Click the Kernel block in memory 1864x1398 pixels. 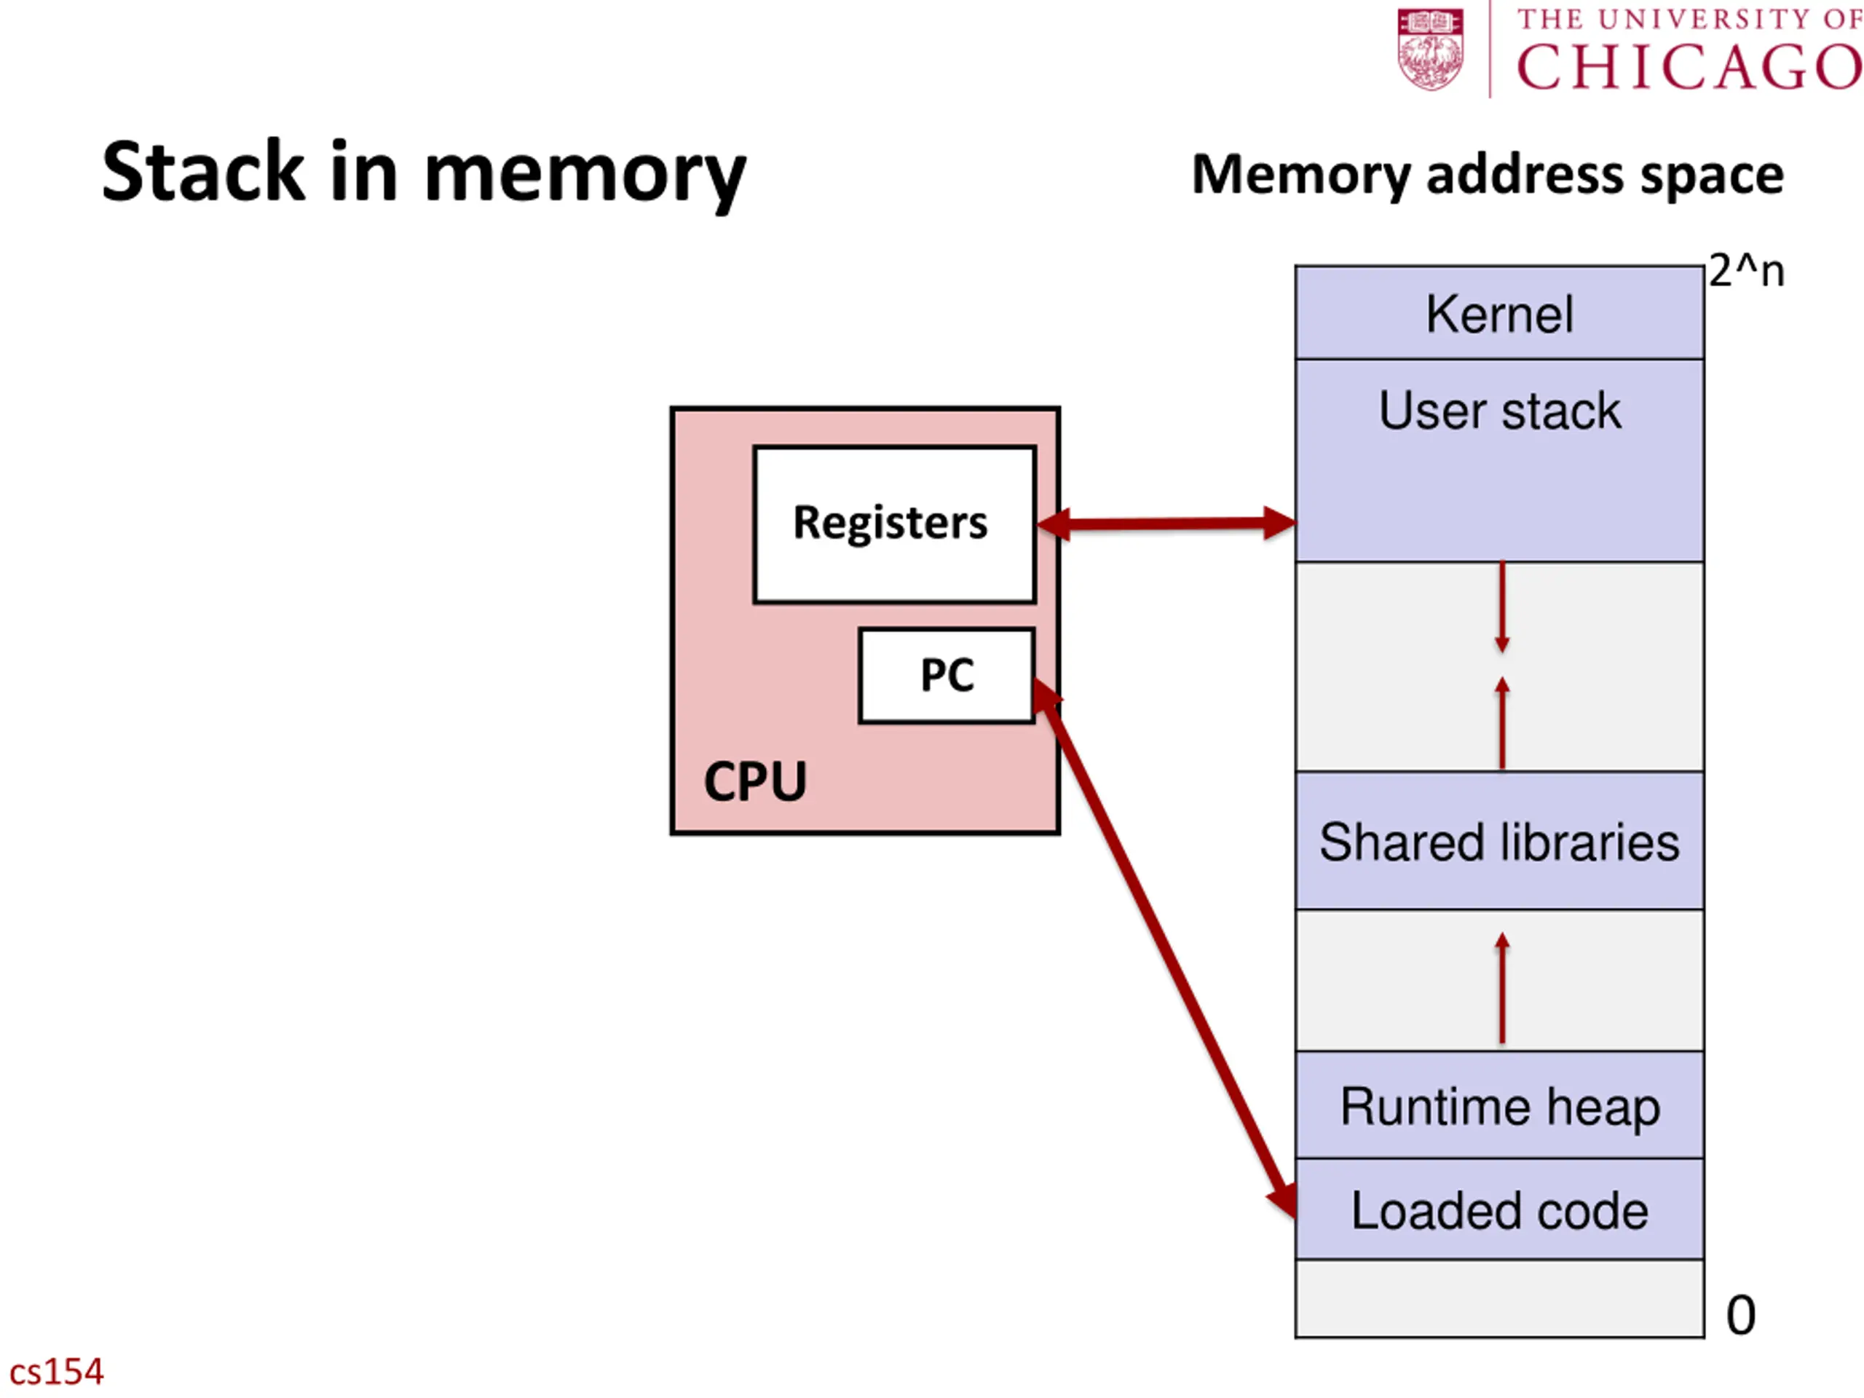[x=1499, y=312]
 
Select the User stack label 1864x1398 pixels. [x=1499, y=411]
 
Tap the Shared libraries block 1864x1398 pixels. [x=1499, y=840]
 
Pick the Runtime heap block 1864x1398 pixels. [x=1499, y=1105]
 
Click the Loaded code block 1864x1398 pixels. [x=1499, y=1209]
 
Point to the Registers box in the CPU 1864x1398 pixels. [x=894, y=524]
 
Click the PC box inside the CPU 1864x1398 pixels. [x=947, y=675]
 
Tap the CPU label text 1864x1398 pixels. [x=755, y=781]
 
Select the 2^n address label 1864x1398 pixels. [x=1747, y=272]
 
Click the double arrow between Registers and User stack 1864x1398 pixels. [x=1166, y=524]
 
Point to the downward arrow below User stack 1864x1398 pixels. [x=1501, y=607]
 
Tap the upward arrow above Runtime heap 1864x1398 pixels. [x=1501, y=987]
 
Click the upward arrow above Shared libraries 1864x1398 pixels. [x=1501, y=723]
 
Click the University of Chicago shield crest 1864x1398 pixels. [x=1430, y=49]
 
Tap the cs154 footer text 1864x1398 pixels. [x=57, y=1371]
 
